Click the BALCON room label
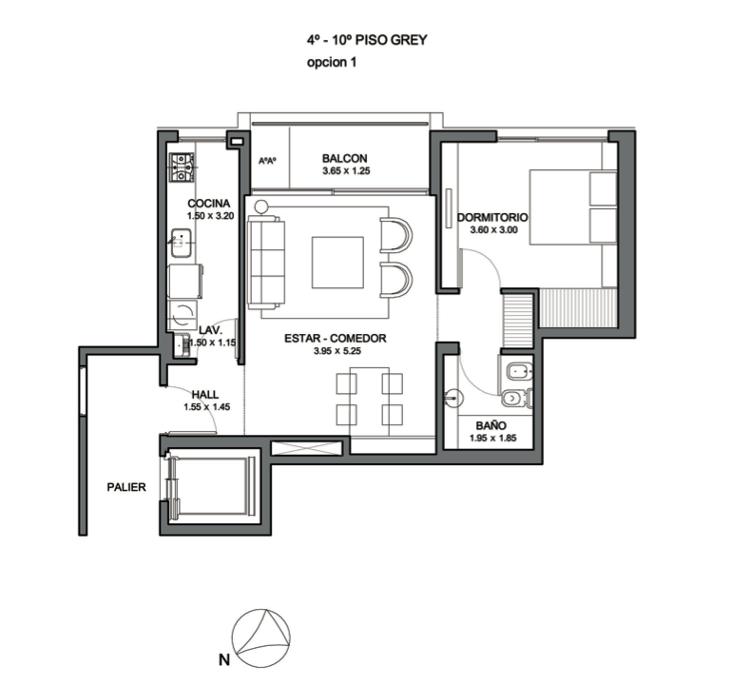[x=344, y=158]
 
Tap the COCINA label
[x=209, y=204]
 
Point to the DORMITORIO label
[x=492, y=218]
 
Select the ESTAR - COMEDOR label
[x=336, y=339]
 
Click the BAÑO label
[x=492, y=426]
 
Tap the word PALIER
[x=126, y=487]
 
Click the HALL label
[x=204, y=395]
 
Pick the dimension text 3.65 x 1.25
[x=346, y=171]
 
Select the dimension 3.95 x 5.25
[x=338, y=351]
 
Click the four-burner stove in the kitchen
[x=182, y=167]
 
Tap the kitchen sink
[x=181, y=244]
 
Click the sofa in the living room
[x=265, y=262]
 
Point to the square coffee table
[x=338, y=263]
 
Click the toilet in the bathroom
[x=516, y=398]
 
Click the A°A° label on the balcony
[x=267, y=161]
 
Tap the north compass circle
[x=260, y=638]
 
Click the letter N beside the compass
[x=224, y=660]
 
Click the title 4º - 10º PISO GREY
[x=367, y=40]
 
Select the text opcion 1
[x=332, y=62]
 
